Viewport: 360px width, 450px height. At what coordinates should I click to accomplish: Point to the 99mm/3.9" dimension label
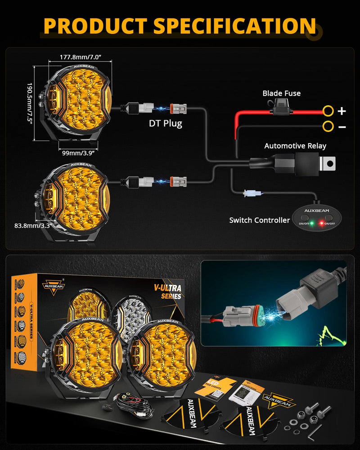tap(78, 153)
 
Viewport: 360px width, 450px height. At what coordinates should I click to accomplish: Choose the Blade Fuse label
tap(281, 94)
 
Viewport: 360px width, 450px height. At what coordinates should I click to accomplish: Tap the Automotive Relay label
tap(295, 146)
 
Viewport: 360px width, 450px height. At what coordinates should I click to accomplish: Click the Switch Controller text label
tap(259, 220)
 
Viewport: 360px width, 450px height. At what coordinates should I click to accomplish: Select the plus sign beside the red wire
tap(342, 111)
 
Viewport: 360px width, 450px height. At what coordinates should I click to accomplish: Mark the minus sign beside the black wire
tap(342, 127)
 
